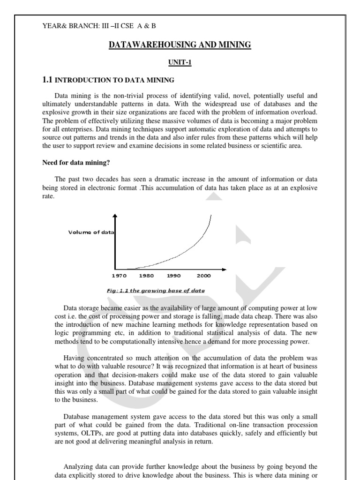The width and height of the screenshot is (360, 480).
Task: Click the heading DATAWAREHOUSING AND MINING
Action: (x=180, y=45)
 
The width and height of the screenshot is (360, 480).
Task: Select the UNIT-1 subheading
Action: (x=180, y=62)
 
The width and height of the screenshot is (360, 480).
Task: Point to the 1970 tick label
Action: (x=120, y=276)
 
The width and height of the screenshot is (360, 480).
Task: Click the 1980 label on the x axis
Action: (x=147, y=276)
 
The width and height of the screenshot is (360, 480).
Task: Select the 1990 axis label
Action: (x=173, y=276)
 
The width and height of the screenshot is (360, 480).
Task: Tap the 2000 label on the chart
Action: (x=203, y=276)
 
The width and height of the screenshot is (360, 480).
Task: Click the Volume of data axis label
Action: (x=91, y=232)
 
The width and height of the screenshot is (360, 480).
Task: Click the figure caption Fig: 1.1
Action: (x=156, y=291)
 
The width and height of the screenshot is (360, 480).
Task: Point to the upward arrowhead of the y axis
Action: (x=115, y=216)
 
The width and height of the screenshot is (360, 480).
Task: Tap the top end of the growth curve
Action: (x=211, y=216)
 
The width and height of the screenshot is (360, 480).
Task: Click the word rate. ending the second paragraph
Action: (x=48, y=197)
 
